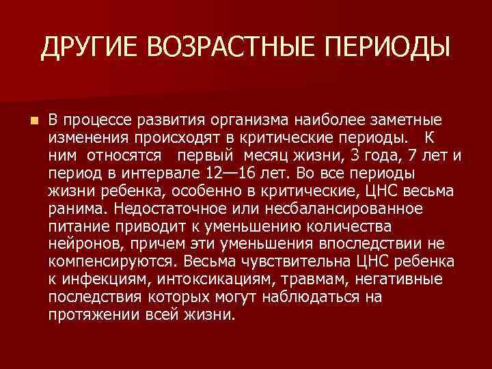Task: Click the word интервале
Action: pyautogui.click(x=165, y=172)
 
